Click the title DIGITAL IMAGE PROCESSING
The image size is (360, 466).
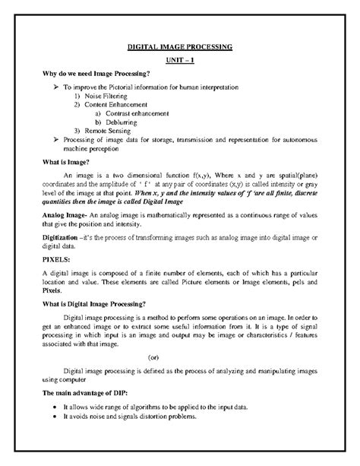coord(179,47)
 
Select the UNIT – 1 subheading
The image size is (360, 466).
coord(179,62)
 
